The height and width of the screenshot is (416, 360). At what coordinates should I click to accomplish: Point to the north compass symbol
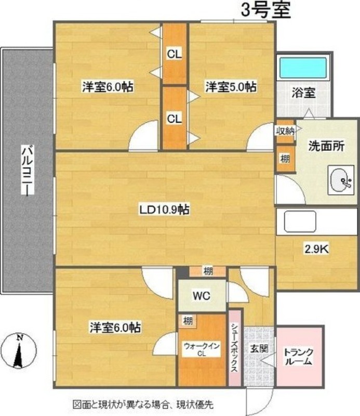[19, 352]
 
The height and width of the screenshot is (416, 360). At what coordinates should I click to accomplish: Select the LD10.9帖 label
[164, 210]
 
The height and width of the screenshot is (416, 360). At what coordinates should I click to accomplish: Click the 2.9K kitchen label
[316, 249]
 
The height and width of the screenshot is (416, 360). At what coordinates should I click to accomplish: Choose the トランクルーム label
[298, 357]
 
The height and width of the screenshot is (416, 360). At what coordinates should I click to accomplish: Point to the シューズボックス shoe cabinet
[235, 348]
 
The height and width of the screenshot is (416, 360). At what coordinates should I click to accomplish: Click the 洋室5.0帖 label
[230, 87]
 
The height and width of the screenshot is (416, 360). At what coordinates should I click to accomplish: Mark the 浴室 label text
[303, 94]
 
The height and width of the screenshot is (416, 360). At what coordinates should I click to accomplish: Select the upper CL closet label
[174, 53]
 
